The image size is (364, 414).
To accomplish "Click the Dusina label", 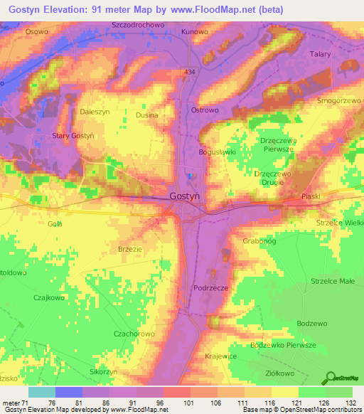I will coord(146,115).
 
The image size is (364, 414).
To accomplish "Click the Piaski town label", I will coord(311,196).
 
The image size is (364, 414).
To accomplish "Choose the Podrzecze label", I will coord(210,288).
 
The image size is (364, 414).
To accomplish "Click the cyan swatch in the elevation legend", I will coord(41,392).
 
